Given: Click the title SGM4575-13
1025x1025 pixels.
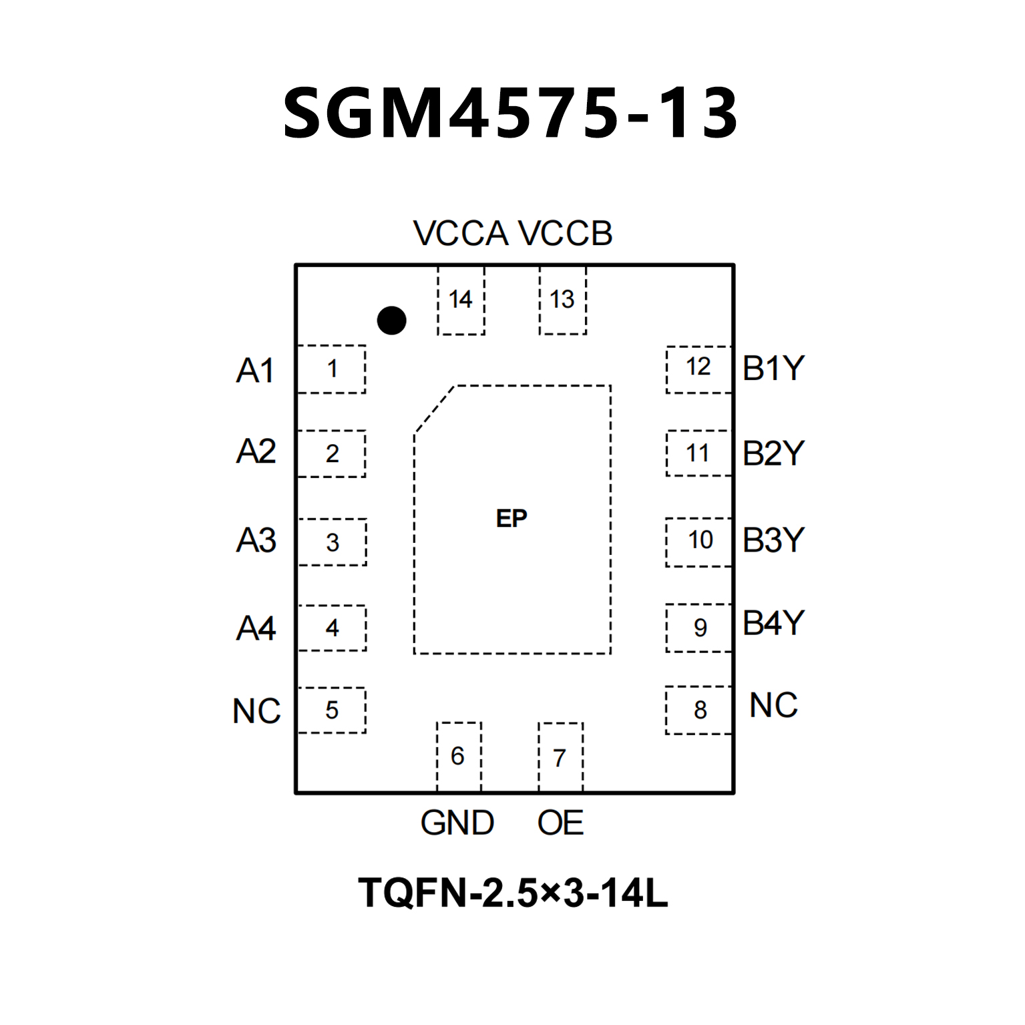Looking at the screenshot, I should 511,114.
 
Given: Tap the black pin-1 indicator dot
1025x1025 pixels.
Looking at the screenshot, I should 391,321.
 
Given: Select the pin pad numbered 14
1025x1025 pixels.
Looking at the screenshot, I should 461,300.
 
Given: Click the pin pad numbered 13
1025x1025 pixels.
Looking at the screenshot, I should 562,300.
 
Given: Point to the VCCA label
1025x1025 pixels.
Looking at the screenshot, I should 461,234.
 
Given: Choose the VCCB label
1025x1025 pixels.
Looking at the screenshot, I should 565,234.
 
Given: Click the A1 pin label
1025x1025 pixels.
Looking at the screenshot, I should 255,371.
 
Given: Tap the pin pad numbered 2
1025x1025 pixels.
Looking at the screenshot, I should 332,453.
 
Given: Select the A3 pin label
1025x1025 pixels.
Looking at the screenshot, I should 256,540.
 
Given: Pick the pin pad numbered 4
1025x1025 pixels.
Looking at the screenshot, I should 332,628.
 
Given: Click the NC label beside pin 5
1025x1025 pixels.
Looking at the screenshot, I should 256,711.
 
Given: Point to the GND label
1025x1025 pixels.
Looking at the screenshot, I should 457,823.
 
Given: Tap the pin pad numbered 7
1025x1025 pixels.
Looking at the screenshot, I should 560,757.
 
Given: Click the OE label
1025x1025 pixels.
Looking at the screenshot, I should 560,823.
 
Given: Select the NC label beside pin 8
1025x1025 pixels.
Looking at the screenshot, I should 773,705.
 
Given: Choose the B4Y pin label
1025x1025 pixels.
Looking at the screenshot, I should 773,623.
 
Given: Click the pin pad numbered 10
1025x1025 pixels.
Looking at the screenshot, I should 699,541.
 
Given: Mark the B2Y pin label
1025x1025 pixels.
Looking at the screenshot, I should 773,453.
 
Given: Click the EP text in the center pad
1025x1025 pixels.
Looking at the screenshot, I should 511,519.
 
